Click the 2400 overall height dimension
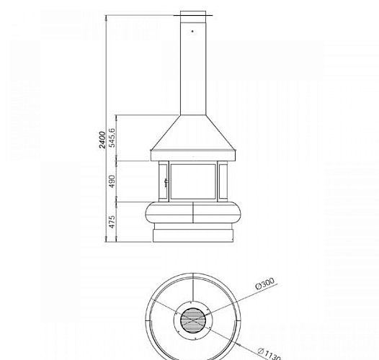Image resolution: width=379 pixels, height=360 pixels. click(102, 140)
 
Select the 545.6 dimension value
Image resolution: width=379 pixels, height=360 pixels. click(112, 138)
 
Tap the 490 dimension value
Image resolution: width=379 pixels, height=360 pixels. click(112, 181)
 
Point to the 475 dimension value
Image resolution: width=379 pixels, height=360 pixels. click(112, 222)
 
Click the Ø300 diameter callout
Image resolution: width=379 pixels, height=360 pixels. click(265, 284)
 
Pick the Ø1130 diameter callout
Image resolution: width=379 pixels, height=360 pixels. click(269, 354)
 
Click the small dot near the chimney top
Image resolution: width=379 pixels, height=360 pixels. click(192, 31)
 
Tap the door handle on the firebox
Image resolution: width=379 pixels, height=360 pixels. click(166, 183)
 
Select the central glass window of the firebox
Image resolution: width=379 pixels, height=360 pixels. click(193, 181)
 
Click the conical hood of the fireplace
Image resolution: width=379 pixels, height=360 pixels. click(193, 132)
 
